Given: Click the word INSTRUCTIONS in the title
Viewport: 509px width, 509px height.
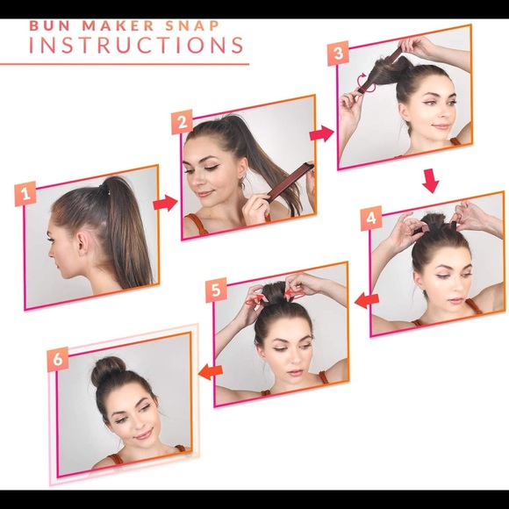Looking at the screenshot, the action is tap(136, 45).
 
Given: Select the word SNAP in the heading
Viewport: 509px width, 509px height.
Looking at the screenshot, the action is tap(193, 26).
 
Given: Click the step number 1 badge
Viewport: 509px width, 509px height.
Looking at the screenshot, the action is tap(25, 194).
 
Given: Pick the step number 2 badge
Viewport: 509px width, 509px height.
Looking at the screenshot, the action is tap(183, 122).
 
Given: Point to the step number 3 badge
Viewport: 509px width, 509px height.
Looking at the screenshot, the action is tap(338, 53).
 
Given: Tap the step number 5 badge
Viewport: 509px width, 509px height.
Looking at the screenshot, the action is tap(216, 290).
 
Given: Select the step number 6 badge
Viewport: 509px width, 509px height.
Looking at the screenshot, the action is tap(58, 359).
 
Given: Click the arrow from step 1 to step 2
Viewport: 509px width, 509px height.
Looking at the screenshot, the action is tap(166, 204).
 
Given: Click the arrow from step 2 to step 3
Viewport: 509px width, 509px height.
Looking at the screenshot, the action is tap(322, 133).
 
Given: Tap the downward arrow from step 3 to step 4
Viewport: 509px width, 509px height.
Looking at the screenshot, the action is tap(431, 181).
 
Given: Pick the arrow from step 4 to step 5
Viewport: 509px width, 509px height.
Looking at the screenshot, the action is tap(367, 300).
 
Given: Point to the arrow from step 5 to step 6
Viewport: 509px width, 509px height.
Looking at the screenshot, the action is tap(211, 372).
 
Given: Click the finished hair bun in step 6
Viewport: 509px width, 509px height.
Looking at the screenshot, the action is tap(107, 369).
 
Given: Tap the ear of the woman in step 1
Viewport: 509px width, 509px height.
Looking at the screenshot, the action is tap(82, 243).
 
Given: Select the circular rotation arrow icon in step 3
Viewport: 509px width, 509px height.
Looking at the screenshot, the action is tap(366, 83).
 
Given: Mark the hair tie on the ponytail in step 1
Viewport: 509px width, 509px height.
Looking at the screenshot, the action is tap(104, 190).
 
